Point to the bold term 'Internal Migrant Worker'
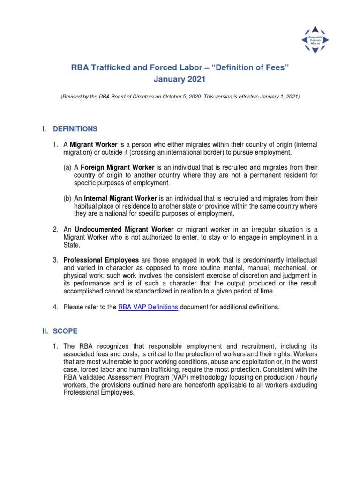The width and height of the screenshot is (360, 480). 120,198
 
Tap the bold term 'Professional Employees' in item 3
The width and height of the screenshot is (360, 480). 101,260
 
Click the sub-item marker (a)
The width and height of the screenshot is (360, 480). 68,167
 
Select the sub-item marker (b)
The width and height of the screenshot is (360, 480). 68,198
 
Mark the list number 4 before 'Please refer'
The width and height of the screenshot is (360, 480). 55,307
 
